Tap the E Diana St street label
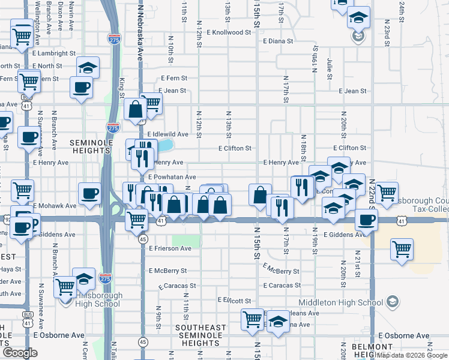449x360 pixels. [x=277, y=42]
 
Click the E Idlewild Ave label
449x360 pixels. [x=168, y=134]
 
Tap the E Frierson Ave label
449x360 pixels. [x=170, y=248]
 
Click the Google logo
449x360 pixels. [x=20, y=353]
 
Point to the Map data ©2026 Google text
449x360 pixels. [x=412, y=355]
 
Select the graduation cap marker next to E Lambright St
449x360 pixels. [x=88, y=67]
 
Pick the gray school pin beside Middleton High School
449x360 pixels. [x=393, y=301]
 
